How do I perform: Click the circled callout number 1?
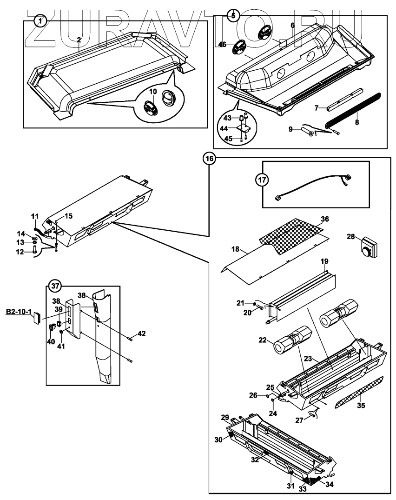point(41,21)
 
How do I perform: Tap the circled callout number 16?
point(210,159)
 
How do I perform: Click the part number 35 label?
point(361,405)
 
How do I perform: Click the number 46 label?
point(222,45)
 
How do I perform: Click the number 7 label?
point(317,108)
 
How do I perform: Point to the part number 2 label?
point(79,40)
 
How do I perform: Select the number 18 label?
point(236,250)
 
